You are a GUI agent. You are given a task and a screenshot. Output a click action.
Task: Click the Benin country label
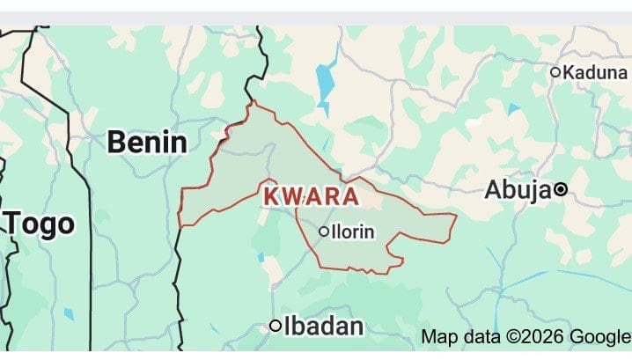pos(147,142)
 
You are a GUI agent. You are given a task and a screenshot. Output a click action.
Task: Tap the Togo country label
pos(40,224)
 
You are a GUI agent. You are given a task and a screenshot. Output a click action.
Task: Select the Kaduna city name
pos(595,72)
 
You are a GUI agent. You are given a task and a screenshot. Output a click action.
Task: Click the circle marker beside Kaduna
pos(555,72)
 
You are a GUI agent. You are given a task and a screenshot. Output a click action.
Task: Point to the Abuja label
pos(518,188)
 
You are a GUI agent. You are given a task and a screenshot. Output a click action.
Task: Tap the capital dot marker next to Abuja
pos(560,188)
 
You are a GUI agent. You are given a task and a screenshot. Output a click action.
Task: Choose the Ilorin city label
pos(353,231)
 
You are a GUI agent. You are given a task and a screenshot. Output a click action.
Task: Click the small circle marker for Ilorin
pos(324,231)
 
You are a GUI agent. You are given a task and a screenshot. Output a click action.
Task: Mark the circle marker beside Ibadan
pos(276,327)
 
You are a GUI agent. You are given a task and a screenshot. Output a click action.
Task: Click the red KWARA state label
pos(311,195)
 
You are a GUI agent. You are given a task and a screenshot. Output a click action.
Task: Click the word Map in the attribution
pos(437,335)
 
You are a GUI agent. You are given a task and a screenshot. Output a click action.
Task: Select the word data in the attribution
pos(478,335)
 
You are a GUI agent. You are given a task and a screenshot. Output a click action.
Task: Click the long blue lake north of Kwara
pos(327,79)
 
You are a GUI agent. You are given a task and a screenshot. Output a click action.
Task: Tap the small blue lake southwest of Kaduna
pos(513,110)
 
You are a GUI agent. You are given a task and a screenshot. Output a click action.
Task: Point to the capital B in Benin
pos(116,142)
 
